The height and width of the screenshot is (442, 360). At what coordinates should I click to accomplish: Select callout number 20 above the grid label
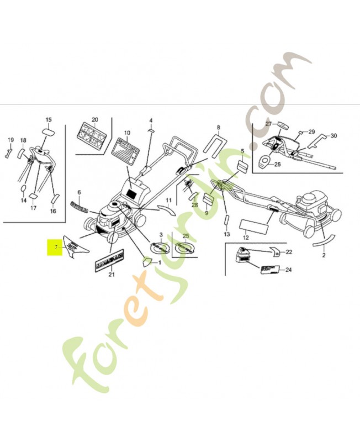(x=94, y=120)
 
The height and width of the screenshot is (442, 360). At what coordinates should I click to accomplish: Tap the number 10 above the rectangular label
(x=127, y=133)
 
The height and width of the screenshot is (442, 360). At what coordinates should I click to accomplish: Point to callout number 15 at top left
(x=48, y=120)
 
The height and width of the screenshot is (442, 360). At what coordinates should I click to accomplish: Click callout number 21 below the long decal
(x=111, y=275)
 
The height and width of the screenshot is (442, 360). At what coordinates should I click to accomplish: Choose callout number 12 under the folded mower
(x=246, y=238)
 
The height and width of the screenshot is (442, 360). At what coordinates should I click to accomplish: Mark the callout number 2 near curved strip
(x=324, y=255)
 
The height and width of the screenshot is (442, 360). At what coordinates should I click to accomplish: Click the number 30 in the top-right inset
(x=333, y=136)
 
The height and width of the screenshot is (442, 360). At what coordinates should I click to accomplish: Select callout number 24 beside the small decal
(x=288, y=270)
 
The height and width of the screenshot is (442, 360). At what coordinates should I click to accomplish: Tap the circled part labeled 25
(x=186, y=247)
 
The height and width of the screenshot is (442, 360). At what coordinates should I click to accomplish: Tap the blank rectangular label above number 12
(x=254, y=225)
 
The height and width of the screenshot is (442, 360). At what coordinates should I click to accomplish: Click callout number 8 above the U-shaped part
(x=218, y=128)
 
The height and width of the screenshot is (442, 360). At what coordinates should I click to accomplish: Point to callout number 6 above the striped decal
(x=79, y=193)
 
